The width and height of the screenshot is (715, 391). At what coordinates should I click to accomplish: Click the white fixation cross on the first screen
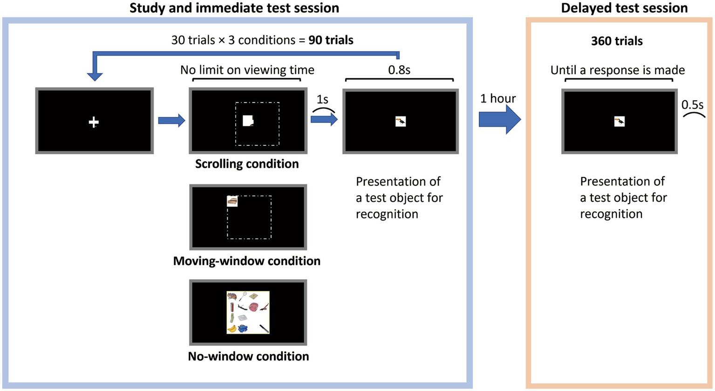[x=94, y=122]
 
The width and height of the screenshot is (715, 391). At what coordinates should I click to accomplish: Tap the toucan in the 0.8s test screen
[x=401, y=122]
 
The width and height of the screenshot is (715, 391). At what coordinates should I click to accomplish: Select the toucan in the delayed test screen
[x=619, y=122]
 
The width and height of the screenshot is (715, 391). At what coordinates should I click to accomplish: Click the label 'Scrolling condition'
[x=247, y=164]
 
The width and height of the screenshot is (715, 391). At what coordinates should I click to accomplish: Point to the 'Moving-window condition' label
[x=246, y=261]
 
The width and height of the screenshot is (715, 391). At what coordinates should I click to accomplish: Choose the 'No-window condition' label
[x=248, y=357]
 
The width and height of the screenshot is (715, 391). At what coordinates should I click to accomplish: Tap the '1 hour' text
[x=498, y=98]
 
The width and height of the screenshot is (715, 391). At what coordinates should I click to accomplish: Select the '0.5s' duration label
[x=693, y=105]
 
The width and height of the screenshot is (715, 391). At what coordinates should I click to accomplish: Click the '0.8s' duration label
[x=399, y=70]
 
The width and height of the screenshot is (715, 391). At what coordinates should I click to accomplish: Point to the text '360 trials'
[x=617, y=41]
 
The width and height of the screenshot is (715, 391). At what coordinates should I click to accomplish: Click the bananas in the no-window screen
[x=232, y=329]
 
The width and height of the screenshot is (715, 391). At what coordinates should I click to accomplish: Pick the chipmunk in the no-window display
[x=232, y=296]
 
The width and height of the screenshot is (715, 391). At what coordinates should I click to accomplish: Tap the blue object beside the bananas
[x=243, y=329]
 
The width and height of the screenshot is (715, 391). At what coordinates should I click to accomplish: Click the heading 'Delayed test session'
[x=624, y=8]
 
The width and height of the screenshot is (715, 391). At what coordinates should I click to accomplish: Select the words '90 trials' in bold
[x=331, y=40]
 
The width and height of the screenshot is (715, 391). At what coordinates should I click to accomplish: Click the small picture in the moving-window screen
[x=232, y=201]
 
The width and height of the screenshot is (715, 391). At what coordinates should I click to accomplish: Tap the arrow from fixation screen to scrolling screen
[x=171, y=121]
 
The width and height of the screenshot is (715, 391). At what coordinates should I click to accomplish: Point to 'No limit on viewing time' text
[x=247, y=70]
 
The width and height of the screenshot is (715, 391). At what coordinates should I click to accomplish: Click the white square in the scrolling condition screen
[x=247, y=121]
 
